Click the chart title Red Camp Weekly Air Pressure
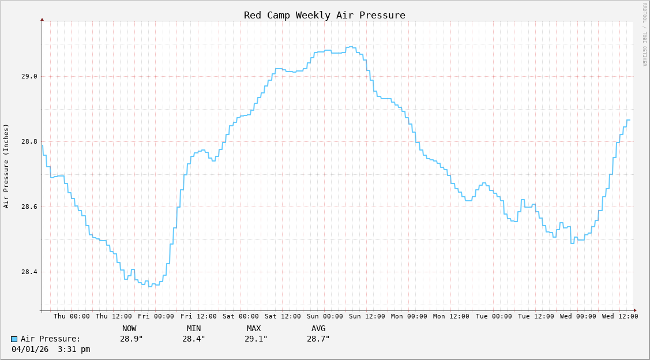324,15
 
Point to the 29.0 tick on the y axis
29,76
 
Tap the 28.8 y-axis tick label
29,141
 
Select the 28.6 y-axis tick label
29,207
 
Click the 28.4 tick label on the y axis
29,272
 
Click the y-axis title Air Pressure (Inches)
6,166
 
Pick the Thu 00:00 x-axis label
72,316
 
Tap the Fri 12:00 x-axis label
198,316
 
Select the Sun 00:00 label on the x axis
325,316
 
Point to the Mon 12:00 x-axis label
451,316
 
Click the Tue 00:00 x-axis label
494,316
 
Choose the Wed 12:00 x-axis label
620,316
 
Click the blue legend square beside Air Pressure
14,339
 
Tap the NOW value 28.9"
131,339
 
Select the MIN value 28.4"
194,339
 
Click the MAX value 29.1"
256,339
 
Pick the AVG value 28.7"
318,339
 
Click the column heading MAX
254,328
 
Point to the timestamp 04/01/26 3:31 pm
51,349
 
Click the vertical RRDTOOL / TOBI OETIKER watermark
645,35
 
